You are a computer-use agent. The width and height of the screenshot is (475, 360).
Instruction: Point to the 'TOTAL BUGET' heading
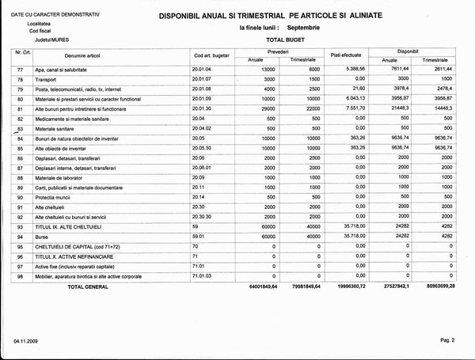point(286,38)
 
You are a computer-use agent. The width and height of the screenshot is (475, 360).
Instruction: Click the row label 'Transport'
point(48,80)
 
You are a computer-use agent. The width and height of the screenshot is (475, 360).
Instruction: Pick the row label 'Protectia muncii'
point(58,196)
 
